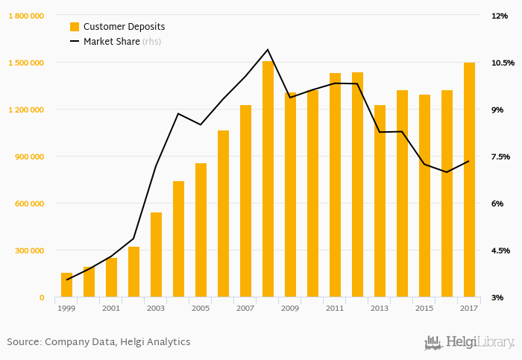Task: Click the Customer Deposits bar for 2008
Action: (x=268, y=179)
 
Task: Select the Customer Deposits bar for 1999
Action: (x=66, y=285)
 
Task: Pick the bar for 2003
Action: (x=156, y=255)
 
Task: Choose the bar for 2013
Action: (x=380, y=201)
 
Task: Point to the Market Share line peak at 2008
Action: (x=268, y=50)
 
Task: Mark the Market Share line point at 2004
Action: (x=178, y=113)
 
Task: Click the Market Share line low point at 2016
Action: (x=447, y=172)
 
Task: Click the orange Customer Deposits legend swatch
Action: (x=74, y=27)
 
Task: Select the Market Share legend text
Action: (x=111, y=42)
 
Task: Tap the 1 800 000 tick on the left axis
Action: (x=26, y=16)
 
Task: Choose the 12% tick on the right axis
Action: (x=499, y=16)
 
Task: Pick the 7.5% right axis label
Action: (x=499, y=157)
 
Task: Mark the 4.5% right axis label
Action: (x=499, y=250)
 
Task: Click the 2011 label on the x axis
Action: (x=335, y=308)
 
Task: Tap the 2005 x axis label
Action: (x=201, y=308)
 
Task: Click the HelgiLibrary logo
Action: (x=469, y=342)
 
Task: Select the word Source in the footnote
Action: (x=23, y=342)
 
